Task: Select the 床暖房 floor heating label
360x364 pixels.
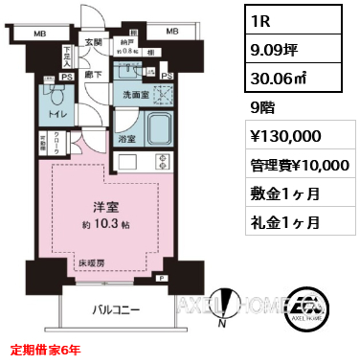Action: (93, 261)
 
